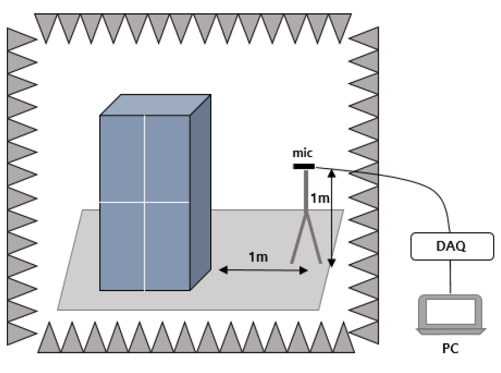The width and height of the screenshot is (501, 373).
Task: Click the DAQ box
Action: click(x=452, y=246)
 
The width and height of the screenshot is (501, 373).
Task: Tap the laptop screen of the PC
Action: click(x=451, y=311)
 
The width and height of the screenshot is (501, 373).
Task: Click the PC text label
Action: click(x=451, y=348)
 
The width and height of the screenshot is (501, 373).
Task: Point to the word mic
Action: click(x=302, y=153)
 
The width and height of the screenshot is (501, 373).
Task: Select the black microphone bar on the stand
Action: click(x=304, y=166)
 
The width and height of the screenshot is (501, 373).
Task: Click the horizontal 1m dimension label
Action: click(x=258, y=257)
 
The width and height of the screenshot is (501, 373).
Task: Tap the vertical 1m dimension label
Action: click(x=320, y=198)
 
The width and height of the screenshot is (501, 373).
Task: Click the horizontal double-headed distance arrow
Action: click(x=264, y=271)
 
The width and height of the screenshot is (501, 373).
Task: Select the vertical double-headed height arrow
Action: click(x=331, y=218)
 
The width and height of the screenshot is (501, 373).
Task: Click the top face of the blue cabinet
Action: click(x=156, y=104)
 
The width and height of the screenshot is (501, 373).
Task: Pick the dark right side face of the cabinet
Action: click(x=201, y=193)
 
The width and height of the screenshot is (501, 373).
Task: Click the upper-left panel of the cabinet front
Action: click(x=122, y=158)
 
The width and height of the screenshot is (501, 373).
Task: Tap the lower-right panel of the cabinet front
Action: click(x=167, y=246)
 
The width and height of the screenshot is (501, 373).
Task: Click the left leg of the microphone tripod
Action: click(x=299, y=238)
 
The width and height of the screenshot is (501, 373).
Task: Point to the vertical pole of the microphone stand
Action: click(x=306, y=192)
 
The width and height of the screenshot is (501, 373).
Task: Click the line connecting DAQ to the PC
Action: click(x=451, y=277)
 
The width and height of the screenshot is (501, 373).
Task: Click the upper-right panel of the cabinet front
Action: click(x=167, y=158)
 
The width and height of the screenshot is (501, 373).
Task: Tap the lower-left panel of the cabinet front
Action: click(x=122, y=246)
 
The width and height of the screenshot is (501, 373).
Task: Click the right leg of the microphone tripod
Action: click(x=314, y=238)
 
